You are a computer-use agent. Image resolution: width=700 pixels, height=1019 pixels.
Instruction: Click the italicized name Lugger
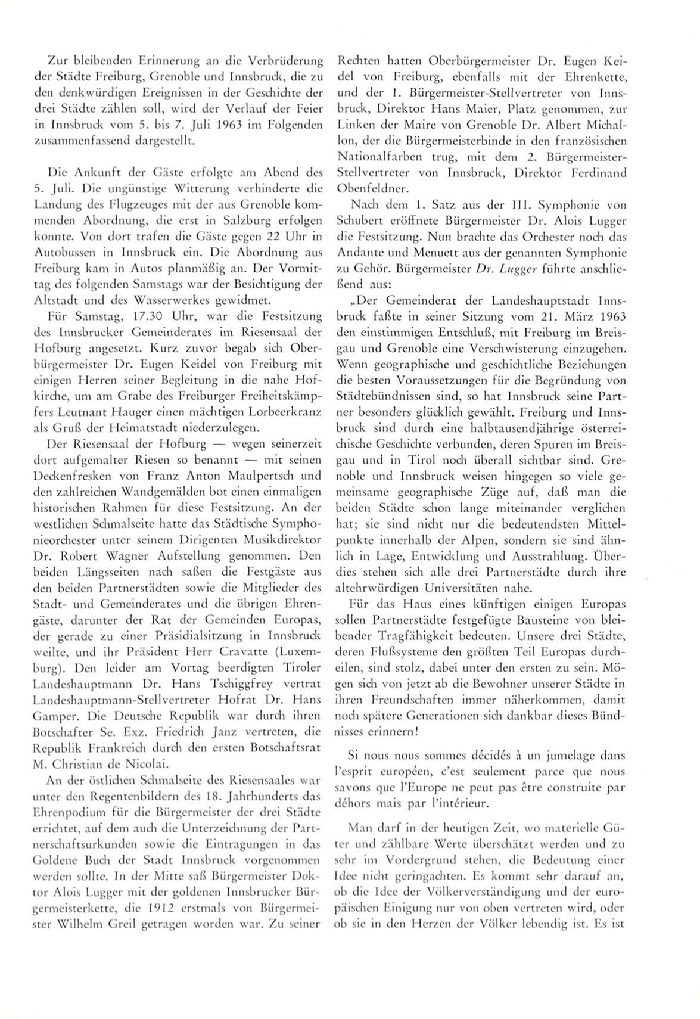(x=513, y=283)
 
